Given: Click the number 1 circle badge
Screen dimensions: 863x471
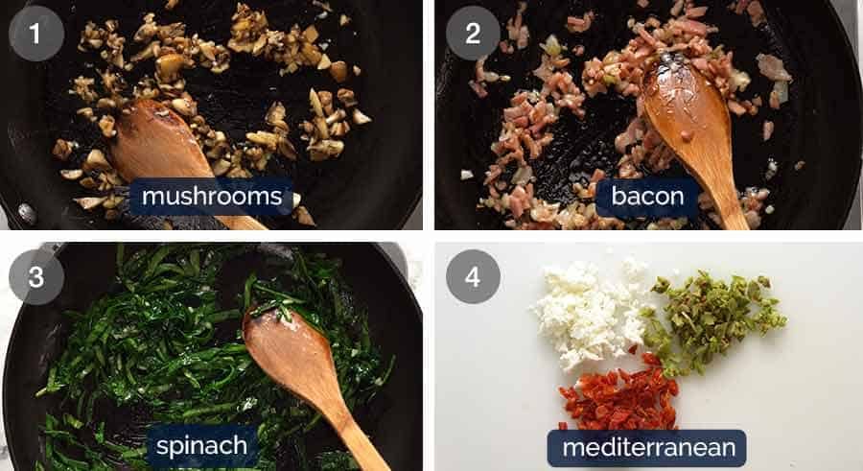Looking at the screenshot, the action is [x=36, y=34].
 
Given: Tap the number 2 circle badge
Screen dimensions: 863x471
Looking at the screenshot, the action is [x=473, y=34].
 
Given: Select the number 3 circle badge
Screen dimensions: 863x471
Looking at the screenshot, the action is [x=36, y=277].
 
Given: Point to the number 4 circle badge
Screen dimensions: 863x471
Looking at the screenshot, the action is [x=473, y=277].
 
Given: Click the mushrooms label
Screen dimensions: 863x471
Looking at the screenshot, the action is [x=212, y=196].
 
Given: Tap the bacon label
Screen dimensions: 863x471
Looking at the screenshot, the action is [x=648, y=196].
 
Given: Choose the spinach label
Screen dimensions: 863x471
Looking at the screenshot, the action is [x=202, y=445].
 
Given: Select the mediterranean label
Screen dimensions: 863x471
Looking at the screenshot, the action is [x=647, y=448].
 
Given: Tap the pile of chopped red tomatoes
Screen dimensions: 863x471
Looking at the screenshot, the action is [x=619, y=395].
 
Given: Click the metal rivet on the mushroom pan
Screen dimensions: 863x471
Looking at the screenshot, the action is [x=27, y=214].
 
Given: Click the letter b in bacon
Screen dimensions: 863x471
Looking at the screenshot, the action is [x=618, y=196].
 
